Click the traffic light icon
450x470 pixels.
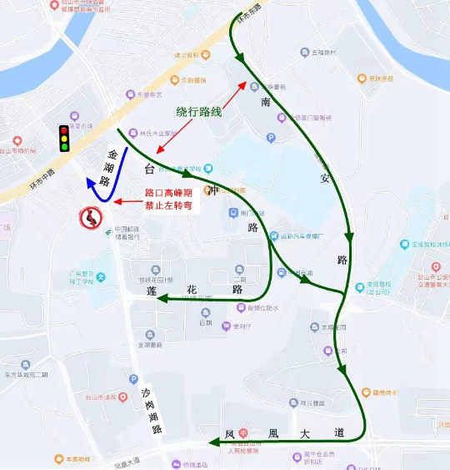point(63,139)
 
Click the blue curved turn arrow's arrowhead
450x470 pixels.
point(91,184)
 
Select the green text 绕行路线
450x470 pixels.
point(198,112)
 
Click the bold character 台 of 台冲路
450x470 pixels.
point(149,169)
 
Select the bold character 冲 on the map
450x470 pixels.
point(214,191)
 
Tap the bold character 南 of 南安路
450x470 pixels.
point(266,102)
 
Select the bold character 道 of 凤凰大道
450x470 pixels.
point(338,433)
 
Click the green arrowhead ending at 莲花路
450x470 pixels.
point(155,298)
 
